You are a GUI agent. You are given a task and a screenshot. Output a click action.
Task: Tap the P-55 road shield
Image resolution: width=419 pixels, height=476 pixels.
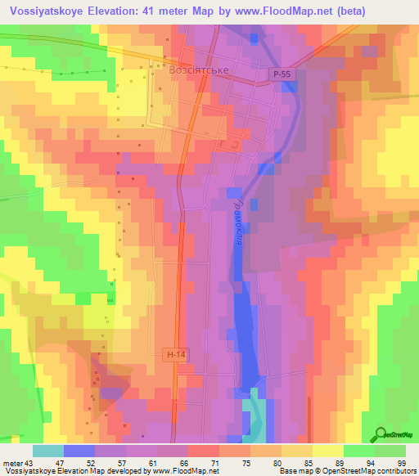(282, 74)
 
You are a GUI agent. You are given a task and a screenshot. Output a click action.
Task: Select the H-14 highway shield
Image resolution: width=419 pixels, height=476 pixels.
(174, 354)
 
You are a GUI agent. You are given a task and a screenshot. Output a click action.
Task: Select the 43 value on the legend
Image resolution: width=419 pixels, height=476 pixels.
(30, 462)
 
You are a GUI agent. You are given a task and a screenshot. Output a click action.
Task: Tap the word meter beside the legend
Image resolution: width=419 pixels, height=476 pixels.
(12, 462)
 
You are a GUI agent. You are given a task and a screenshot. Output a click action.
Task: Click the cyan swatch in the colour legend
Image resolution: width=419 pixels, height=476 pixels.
(48, 451)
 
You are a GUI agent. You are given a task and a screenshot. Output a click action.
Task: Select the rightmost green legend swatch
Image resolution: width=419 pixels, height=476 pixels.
(390, 451)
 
